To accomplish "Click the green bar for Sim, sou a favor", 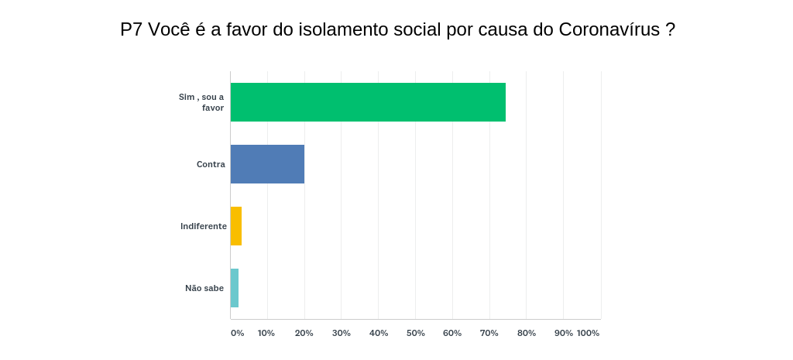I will click(368, 102).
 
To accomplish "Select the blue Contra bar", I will click(267, 164).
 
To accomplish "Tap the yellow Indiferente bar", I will click(236, 226).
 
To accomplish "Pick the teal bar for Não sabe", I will click(235, 288).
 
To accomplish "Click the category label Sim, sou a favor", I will click(201, 102).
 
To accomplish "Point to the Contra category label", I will click(211, 164).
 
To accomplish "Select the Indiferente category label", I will click(204, 226).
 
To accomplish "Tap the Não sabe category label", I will click(204, 288).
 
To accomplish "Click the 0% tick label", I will click(237, 333).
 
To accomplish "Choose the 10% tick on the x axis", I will click(266, 333).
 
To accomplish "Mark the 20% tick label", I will click(304, 333).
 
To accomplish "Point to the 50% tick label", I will click(416, 333).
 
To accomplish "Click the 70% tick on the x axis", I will click(489, 333).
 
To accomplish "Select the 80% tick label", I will click(527, 333).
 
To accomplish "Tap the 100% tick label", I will click(588, 333).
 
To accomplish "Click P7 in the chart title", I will click(131, 29).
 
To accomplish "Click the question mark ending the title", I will click(671, 29).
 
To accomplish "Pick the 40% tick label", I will click(379, 333).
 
